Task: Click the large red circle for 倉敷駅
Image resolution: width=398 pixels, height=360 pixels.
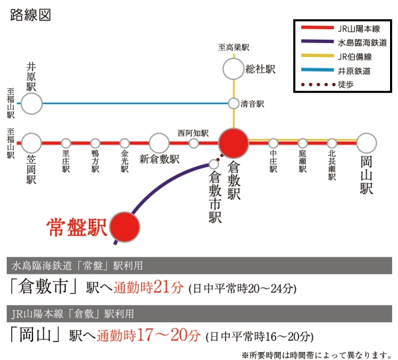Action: click(x=233, y=143)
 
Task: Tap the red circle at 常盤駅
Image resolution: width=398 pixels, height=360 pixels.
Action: click(x=125, y=227)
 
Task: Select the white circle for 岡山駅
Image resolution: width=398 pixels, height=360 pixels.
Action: click(x=366, y=143)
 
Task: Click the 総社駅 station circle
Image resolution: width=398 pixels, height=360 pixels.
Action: click(x=233, y=69)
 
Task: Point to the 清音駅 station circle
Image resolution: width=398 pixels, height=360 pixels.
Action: click(x=233, y=103)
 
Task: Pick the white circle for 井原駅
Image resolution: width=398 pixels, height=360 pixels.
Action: click(x=31, y=103)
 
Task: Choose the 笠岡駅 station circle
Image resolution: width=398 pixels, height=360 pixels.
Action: click(x=31, y=143)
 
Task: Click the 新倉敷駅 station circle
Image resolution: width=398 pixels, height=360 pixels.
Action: click(x=159, y=143)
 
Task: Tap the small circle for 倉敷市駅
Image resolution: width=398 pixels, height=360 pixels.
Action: click(x=214, y=164)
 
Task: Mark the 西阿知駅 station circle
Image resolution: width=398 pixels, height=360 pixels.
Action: click(x=194, y=144)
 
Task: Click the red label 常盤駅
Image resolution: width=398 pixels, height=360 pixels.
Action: click(x=76, y=227)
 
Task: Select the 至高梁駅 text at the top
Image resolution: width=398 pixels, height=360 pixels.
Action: click(x=233, y=48)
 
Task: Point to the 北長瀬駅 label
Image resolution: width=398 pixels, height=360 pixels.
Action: click(x=332, y=165)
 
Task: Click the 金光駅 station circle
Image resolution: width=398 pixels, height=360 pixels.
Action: click(x=125, y=144)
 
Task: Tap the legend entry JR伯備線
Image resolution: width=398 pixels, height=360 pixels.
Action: click(x=336, y=56)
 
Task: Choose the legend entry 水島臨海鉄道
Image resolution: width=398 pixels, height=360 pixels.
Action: click(x=344, y=42)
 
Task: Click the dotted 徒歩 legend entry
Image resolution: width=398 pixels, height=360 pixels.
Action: click(x=328, y=84)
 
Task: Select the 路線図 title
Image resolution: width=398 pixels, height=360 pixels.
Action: click(x=31, y=15)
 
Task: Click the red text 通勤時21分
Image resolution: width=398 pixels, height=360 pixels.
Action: click(x=148, y=288)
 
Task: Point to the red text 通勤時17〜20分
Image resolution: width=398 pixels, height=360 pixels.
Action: click(x=149, y=335)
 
